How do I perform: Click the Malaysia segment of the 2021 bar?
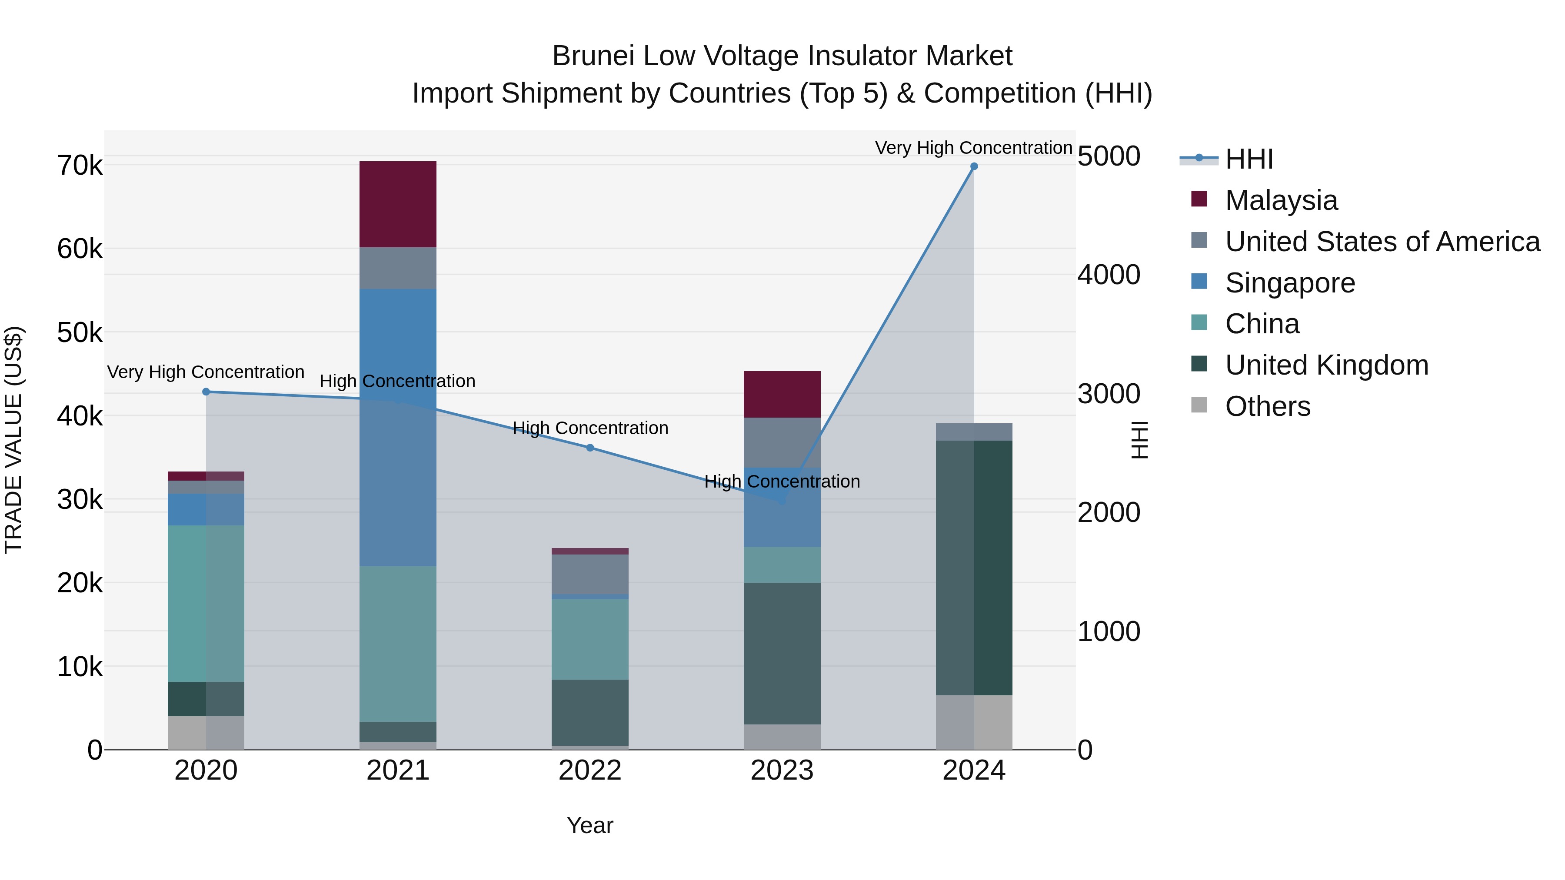pos(398,204)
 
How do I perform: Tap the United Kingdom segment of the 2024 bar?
pos(974,568)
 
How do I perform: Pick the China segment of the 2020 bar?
pos(206,603)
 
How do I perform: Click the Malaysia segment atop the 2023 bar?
pos(782,394)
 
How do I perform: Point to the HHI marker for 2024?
pos(974,166)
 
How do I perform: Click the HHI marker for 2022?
pos(590,448)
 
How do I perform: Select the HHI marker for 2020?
pos(206,392)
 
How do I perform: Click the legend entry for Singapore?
pos(1290,283)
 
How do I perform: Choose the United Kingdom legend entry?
pos(1326,365)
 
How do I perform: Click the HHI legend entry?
pos(1249,159)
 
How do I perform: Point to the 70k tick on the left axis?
pos(80,165)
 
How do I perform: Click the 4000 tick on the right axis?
pos(1109,275)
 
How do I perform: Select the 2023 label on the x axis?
pos(782,770)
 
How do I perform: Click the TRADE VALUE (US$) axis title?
pos(14,440)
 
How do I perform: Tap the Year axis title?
pos(590,825)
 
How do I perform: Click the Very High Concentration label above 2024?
pos(973,148)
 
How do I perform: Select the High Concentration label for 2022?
pos(590,428)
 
